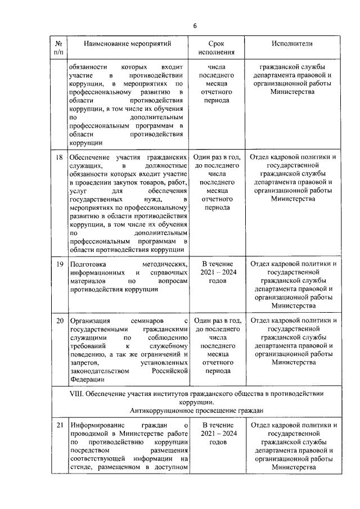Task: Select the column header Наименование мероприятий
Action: point(127,43)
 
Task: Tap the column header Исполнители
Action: point(292,43)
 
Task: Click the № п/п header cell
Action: point(58,48)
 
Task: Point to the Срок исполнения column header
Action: point(217,48)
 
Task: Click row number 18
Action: point(59,157)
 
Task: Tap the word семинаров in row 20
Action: point(148,321)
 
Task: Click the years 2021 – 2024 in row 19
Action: point(217,272)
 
